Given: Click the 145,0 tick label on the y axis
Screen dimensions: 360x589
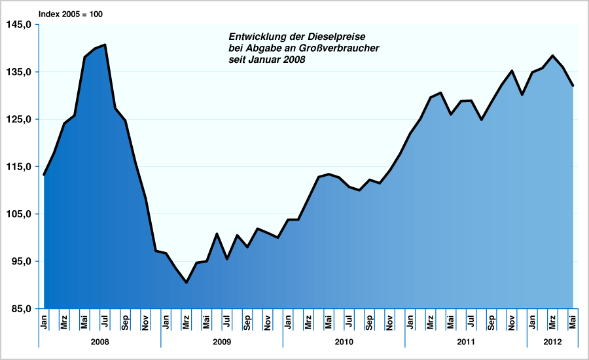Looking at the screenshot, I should pos(20,25).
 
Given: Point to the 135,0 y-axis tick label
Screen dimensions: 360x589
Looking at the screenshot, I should pos(20,72).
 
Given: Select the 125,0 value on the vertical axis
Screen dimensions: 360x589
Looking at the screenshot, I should pos(20,119).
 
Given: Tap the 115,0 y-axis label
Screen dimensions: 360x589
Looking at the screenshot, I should pos(20,167).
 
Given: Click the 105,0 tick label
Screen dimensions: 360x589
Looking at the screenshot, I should pos(20,214).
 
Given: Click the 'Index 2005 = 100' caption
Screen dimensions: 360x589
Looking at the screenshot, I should pos(71,14).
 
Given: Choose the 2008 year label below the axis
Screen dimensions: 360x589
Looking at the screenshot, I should pos(99,342).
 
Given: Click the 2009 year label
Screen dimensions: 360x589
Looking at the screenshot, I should pos(222,342).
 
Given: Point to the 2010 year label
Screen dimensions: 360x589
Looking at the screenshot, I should pos(344,342).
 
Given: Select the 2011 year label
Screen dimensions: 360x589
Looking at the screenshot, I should pos(466,342).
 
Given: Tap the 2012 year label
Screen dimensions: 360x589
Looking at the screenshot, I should pos(552,342).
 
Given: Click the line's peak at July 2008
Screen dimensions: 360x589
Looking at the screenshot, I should pos(105,45).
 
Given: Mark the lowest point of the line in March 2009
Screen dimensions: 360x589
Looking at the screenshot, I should pos(187,283).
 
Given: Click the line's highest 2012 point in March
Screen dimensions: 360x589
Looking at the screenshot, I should pos(553,56).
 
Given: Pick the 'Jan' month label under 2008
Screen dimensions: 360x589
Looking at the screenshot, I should pos(44,322).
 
